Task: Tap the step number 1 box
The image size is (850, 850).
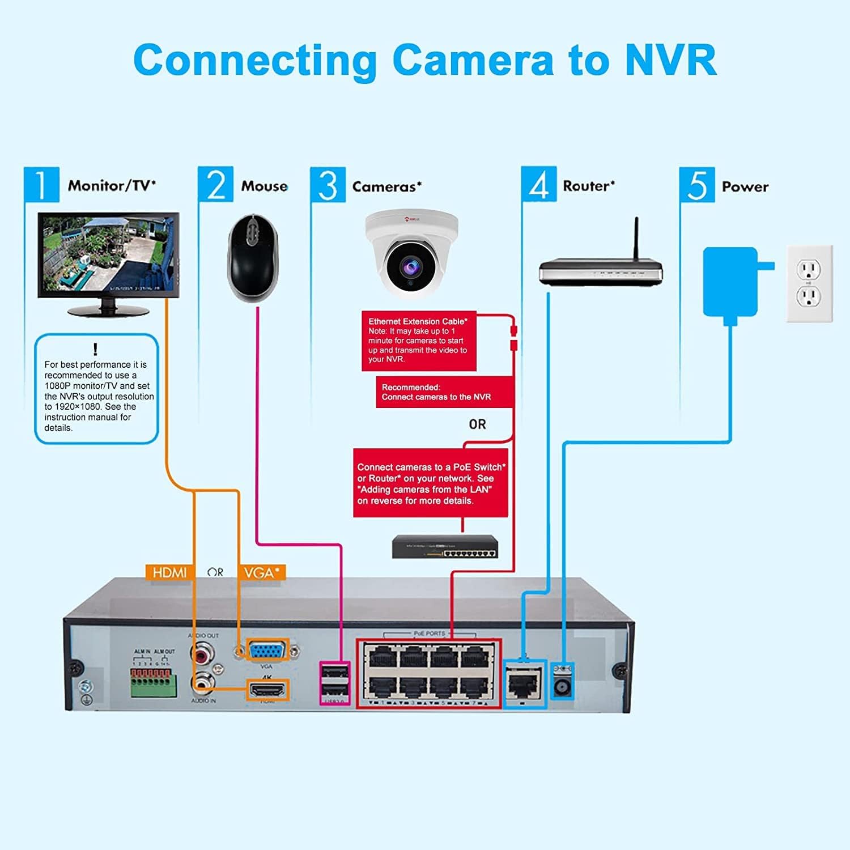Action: click(x=41, y=184)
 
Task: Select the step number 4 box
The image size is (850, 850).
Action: click(x=538, y=184)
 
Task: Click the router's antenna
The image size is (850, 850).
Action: click(x=636, y=238)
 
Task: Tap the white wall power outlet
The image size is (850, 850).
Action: click(x=809, y=283)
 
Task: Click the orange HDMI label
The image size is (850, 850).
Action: click(x=169, y=573)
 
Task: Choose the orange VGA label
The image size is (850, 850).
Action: click(x=262, y=573)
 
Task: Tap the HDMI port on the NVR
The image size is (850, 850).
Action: click(x=267, y=690)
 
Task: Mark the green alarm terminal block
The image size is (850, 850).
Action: click(x=151, y=683)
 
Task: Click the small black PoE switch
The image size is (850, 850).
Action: click(x=445, y=547)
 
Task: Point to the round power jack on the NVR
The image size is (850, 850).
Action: click(x=563, y=687)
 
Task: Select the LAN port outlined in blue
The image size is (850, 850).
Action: click(x=524, y=684)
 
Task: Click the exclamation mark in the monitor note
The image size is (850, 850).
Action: click(x=95, y=349)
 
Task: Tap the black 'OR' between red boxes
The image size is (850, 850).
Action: click(x=477, y=424)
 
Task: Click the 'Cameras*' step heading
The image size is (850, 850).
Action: click(x=386, y=186)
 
